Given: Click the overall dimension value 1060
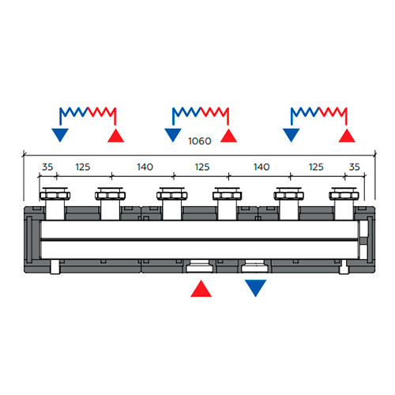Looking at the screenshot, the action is pyautogui.click(x=200, y=141).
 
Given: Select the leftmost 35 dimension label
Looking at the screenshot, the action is pyautogui.click(x=47, y=167).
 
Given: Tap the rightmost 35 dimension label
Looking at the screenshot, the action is pyautogui.click(x=354, y=167).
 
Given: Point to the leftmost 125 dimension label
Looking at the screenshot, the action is pyautogui.click(x=83, y=167).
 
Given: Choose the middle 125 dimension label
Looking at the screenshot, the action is pyautogui.click(x=202, y=167).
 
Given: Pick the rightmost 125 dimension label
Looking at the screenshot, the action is pyautogui.click(x=316, y=167).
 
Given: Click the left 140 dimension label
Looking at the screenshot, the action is pyautogui.click(x=145, y=167).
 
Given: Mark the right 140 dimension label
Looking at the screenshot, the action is pyautogui.click(x=261, y=167).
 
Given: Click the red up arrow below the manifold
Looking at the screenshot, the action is pyautogui.click(x=201, y=288).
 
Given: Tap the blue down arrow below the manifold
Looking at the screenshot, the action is pyautogui.click(x=255, y=288).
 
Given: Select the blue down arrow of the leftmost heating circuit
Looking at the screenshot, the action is pyautogui.click(x=60, y=135).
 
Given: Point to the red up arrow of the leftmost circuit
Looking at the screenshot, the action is pyautogui.click(x=116, y=136).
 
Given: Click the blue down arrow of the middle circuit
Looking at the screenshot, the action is pyautogui.click(x=173, y=135).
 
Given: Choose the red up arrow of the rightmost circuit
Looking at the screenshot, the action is pyautogui.click(x=347, y=136).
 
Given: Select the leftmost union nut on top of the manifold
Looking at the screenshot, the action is pyautogui.click(x=55, y=195).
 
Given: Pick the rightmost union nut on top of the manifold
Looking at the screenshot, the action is pyautogui.click(x=344, y=195).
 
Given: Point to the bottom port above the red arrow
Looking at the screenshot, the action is pyautogui.click(x=200, y=266).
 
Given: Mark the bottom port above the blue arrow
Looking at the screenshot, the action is pyautogui.click(x=254, y=266).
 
